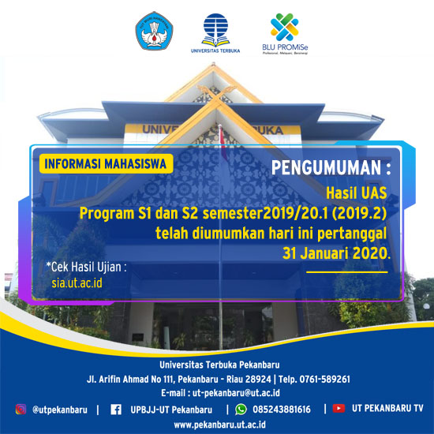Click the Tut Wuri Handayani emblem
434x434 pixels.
154,31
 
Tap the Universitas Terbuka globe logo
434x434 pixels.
215,30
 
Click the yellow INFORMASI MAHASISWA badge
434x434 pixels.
107,164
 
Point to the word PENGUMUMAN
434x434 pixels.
327,167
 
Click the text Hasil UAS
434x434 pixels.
357,193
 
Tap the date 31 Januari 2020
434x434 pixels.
336,253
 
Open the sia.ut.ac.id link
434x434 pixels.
77,282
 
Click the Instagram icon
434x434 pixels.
21,409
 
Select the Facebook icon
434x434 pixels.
116,410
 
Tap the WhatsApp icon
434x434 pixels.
241,410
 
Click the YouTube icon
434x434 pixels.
339,408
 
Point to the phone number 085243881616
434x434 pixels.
282,410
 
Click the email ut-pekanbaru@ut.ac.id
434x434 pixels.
236,393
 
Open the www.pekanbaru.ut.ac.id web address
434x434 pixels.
220,425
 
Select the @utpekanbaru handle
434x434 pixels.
60,410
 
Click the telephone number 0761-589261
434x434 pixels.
324,379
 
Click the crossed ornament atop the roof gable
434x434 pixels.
217,94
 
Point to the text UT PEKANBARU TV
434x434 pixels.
387,408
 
